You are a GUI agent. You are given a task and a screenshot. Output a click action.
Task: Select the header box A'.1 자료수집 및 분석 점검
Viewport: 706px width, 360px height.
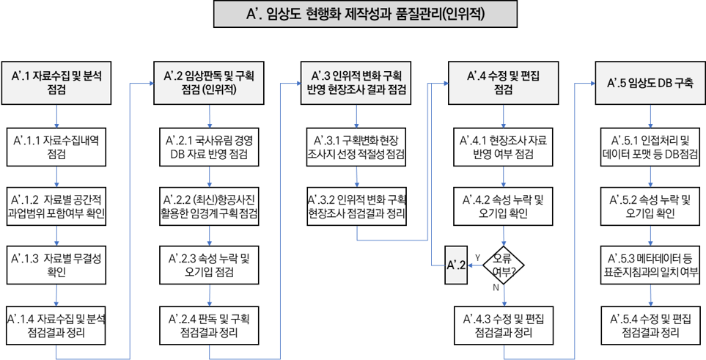tap(57, 81)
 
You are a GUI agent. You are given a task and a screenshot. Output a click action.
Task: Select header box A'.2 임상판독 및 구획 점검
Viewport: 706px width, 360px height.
tap(209, 81)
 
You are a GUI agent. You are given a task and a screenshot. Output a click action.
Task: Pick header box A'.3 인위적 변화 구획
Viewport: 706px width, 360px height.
tap(356, 81)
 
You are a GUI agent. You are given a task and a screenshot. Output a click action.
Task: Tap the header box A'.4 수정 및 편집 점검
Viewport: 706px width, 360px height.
tap(503, 81)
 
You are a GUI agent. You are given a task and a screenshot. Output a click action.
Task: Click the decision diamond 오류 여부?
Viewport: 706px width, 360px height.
tap(503, 262)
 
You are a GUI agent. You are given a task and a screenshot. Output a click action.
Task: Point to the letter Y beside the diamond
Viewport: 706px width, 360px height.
tap(477, 257)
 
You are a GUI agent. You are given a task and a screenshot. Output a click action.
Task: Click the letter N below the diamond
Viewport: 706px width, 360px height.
tap(496, 288)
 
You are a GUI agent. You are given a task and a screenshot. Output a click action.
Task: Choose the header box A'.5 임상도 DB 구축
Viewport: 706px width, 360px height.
tap(650, 81)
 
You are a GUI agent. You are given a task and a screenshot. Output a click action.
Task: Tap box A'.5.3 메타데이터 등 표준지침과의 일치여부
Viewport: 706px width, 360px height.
tap(650, 265)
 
